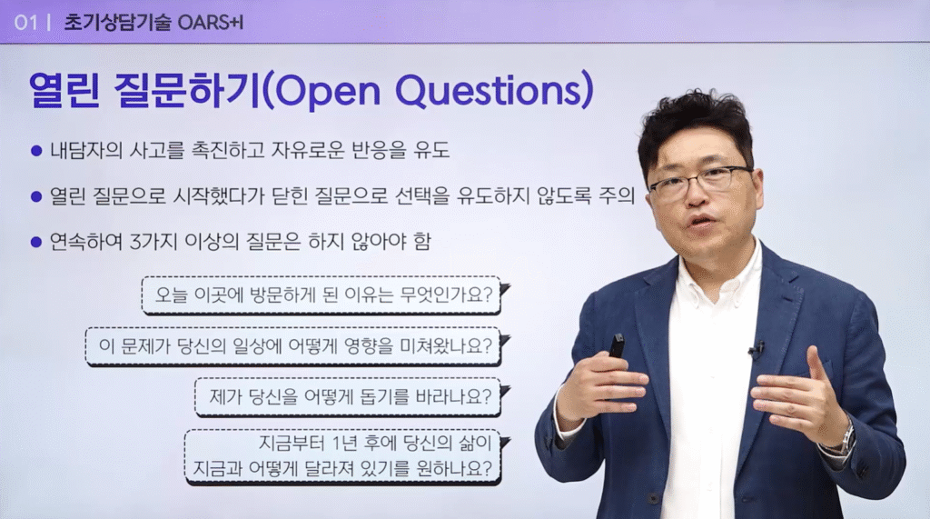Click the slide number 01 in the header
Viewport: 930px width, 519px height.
[x=25, y=23]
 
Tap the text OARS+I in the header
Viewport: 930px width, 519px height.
[x=211, y=23]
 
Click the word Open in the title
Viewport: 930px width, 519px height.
[x=327, y=92]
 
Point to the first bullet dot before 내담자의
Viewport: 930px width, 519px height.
[x=36, y=151]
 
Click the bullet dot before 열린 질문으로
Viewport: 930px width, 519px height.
[x=36, y=196]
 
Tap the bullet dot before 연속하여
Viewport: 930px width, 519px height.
[x=36, y=243]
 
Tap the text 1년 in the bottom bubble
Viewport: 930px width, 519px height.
[x=346, y=443]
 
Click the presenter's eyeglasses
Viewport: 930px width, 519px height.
[x=700, y=181]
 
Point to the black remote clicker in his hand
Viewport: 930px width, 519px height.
[x=617, y=345]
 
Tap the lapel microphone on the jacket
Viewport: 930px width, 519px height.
[x=757, y=349]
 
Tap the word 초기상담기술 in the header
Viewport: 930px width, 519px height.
[x=117, y=23]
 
